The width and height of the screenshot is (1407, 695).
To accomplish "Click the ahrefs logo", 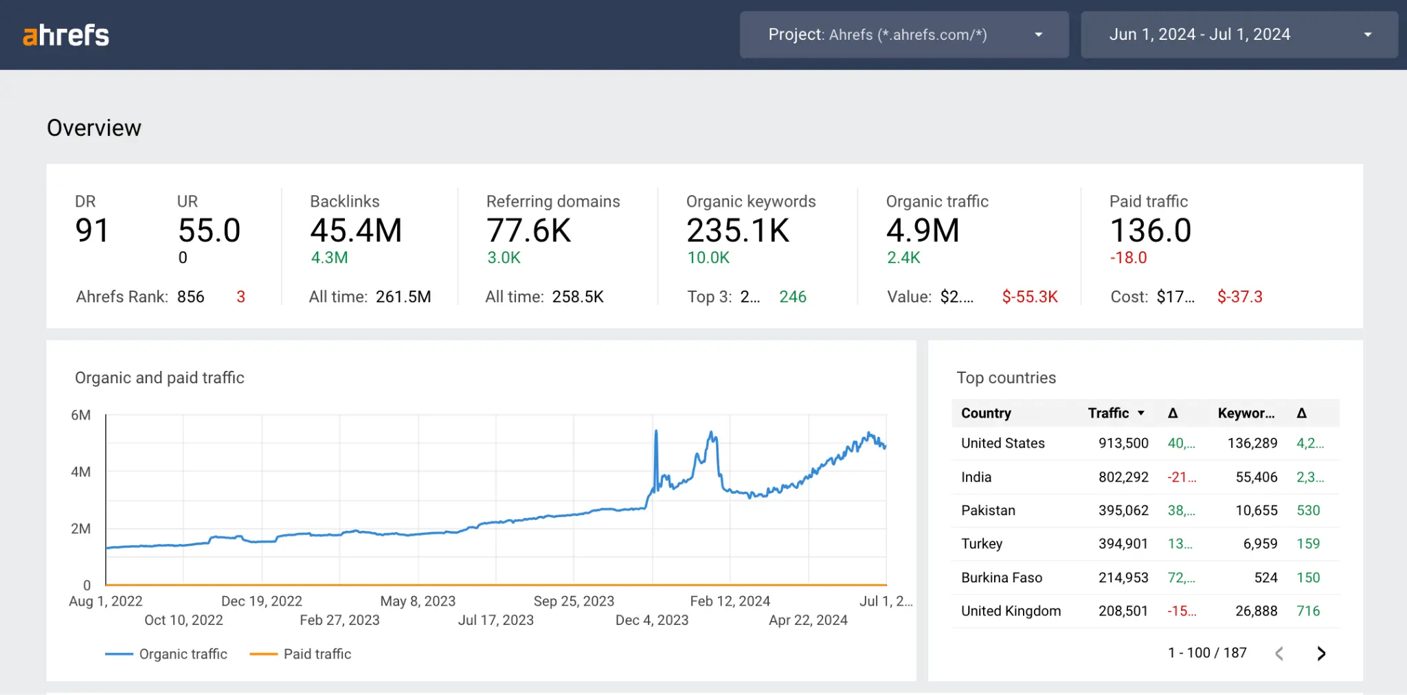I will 66,35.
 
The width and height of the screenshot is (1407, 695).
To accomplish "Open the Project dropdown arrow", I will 1038,35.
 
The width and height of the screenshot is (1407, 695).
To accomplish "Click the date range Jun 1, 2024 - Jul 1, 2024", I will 1200,35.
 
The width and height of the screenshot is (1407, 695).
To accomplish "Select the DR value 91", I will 91,231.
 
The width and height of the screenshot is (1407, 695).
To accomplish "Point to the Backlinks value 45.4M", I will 356,231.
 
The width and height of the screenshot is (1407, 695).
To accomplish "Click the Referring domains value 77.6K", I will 528,231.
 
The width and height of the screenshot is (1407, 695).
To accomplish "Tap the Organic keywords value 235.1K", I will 738,231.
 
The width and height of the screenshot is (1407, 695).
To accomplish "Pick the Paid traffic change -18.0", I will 1128,258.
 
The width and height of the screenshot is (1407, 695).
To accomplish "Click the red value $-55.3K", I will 1029,297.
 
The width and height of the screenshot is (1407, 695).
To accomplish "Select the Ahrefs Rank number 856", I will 190,297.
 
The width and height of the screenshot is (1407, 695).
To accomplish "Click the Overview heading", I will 94,128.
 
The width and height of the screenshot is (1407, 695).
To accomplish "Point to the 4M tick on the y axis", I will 80,472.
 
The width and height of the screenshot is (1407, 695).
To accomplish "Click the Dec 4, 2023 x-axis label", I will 651,620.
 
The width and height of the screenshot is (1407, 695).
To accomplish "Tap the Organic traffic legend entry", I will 183,654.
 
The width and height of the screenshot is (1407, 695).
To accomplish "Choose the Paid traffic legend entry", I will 317,654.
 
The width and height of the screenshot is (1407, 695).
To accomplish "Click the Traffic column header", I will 1108,413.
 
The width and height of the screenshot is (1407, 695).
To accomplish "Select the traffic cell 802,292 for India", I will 1123,477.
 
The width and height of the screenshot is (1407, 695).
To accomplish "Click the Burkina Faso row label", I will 1001,578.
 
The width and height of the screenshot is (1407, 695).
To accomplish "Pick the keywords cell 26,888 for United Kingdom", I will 1256,611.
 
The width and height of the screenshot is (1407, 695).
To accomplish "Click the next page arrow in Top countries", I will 1320,653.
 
